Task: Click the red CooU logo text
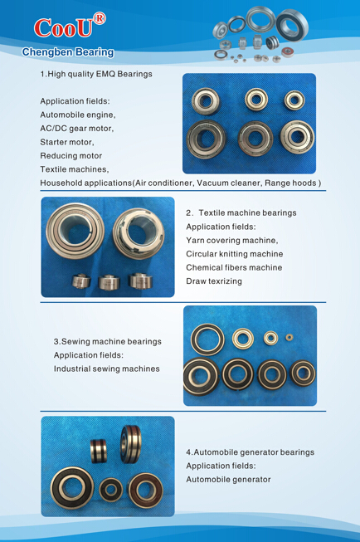pyautogui.click(x=63, y=28)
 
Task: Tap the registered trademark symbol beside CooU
pyautogui.click(x=100, y=18)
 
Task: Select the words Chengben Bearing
pyautogui.click(x=68, y=52)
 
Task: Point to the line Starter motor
pyautogui.click(x=67, y=142)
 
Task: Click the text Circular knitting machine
pyautogui.click(x=234, y=254)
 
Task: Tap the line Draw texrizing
pyautogui.click(x=214, y=281)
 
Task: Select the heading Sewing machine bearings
pyautogui.click(x=111, y=341)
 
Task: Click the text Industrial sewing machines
pyautogui.click(x=106, y=369)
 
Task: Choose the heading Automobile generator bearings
pyautogui.click(x=254, y=452)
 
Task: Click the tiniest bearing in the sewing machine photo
pyautogui.click(x=289, y=337)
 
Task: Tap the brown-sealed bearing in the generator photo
pyautogui.click(x=146, y=491)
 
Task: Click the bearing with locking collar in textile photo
pyautogui.click(x=138, y=233)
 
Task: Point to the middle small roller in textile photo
pyautogui.click(x=109, y=282)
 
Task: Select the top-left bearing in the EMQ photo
pyautogui.click(x=206, y=101)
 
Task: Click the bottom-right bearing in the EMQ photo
pyautogui.click(x=297, y=136)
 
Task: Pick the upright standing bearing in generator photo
pyautogui.click(x=130, y=444)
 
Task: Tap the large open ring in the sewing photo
pyautogui.click(x=207, y=339)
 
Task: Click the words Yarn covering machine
pyautogui.click(x=231, y=240)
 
